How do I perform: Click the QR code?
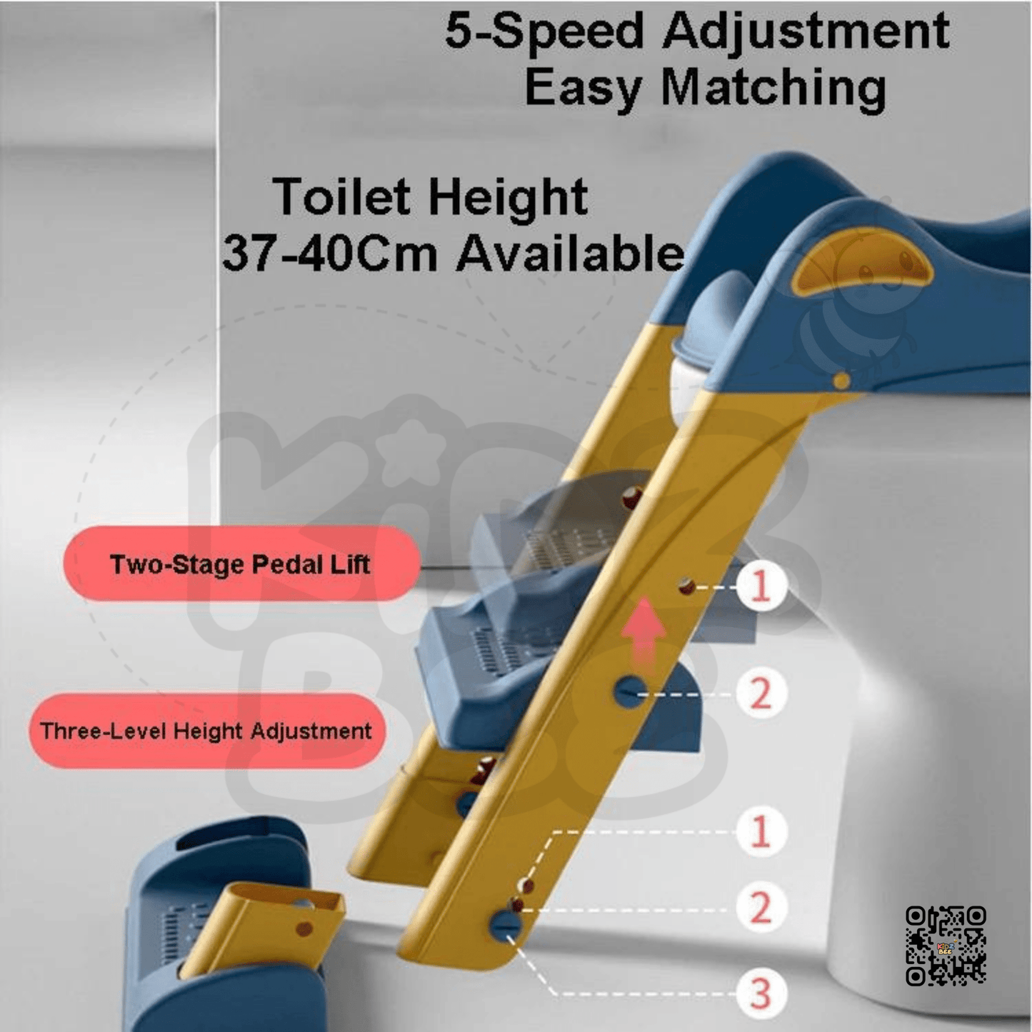click(x=946, y=946)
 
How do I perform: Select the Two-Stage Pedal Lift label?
click(x=241, y=564)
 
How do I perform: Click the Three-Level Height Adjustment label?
click(x=206, y=731)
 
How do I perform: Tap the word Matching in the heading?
click(x=773, y=89)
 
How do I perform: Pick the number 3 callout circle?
click(x=761, y=993)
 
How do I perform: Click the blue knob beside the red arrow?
click(x=628, y=691)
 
